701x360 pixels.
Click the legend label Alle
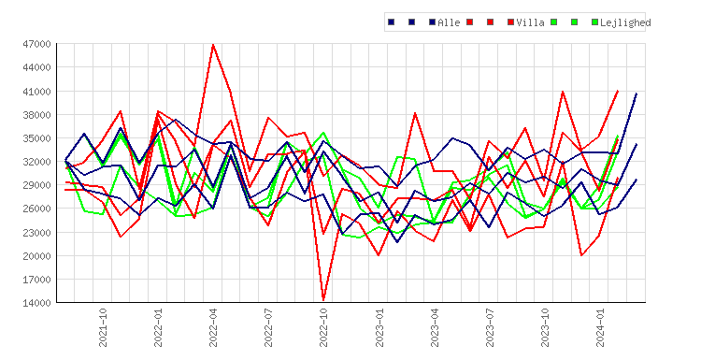[x=449, y=22]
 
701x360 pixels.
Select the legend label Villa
[x=530, y=22]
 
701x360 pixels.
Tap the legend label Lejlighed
[x=625, y=22]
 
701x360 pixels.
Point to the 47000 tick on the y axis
[x=36, y=44]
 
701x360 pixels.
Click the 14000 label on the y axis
[x=36, y=303]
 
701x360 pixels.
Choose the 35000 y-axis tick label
[x=36, y=138]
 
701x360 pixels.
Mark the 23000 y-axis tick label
[x=36, y=233]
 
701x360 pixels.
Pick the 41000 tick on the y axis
[x=36, y=92]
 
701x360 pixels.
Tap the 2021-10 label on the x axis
[x=103, y=327]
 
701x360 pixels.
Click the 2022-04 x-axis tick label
[x=213, y=327]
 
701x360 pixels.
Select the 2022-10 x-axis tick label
[x=323, y=327]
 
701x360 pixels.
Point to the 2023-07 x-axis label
[x=490, y=327]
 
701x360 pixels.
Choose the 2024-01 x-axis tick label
[x=600, y=327]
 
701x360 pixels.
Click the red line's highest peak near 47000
[x=213, y=45]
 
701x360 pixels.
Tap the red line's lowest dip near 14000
[x=323, y=299]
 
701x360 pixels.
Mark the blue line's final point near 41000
[x=637, y=94]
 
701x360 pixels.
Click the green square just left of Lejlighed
[x=594, y=22]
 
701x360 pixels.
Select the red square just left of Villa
[x=510, y=22]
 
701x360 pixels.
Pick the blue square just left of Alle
[x=432, y=22]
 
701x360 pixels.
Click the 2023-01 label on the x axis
[x=379, y=327]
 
